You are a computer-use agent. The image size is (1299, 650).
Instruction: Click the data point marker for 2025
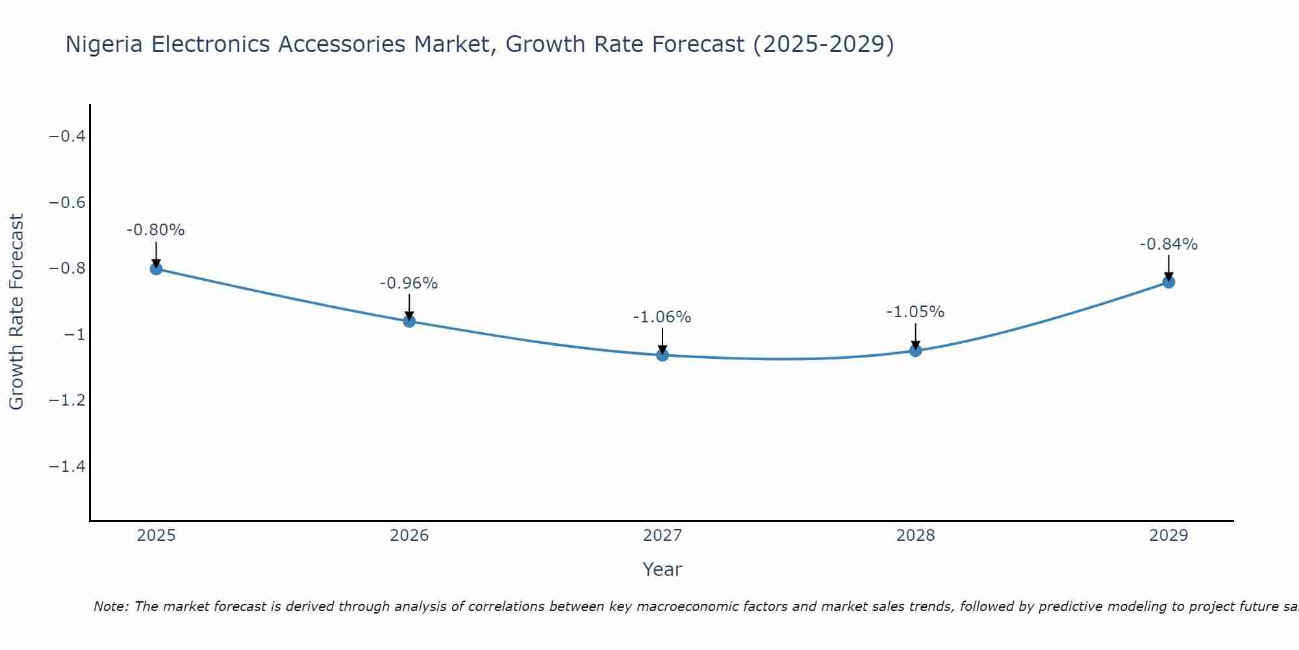[x=156, y=268]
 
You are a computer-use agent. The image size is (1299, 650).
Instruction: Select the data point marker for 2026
[x=409, y=321]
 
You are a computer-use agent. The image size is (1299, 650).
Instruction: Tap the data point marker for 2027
[x=662, y=355]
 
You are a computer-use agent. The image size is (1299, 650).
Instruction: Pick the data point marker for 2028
[x=916, y=351]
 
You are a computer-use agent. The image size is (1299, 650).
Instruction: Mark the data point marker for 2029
[x=1168, y=282]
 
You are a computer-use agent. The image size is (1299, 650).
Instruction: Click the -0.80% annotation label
[x=156, y=230]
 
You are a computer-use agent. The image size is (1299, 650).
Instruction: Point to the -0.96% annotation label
[x=409, y=283]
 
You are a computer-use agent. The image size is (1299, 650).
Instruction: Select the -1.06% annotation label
[x=662, y=317]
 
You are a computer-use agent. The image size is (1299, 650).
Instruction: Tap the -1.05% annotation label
[x=916, y=312]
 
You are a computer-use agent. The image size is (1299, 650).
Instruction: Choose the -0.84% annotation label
[x=1168, y=244]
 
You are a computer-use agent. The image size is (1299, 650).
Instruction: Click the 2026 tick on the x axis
[x=409, y=536]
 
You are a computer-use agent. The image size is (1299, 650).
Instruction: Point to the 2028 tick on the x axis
[x=916, y=536]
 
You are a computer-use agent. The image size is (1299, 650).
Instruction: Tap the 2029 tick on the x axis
[x=1168, y=536]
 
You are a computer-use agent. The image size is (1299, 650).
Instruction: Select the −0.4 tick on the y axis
[x=68, y=136]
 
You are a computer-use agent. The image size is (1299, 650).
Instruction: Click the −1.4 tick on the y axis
[x=68, y=467]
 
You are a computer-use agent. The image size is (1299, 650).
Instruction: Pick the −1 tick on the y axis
[x=75, y=335]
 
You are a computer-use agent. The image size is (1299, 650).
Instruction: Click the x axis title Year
[x=662, y=569]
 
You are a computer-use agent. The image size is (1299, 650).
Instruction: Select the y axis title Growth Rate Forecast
[x=17, y=312]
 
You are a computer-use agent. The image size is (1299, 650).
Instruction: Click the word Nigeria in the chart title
[x=105, y=44]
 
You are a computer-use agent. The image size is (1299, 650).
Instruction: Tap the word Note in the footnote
[x=111, y=606]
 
